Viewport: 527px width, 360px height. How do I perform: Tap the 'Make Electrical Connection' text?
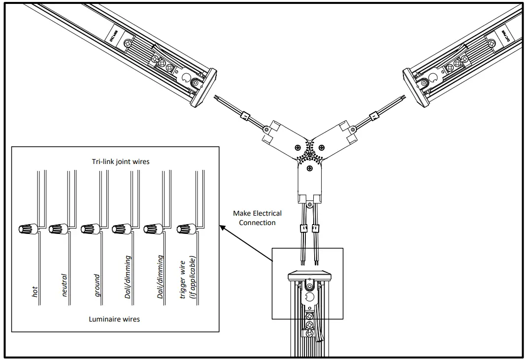pyautogui.click(x=258, y=218)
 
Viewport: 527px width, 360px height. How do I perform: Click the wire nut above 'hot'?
pyautogui.click(x=26, y=229)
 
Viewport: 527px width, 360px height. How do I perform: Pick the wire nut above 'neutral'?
pyautogui.click(x=57, y=229)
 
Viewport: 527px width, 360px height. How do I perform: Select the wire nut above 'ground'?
pyautogui.click(x=89, y=229)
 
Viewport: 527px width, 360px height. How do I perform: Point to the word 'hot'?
pyautogui.click(x=34, y=292)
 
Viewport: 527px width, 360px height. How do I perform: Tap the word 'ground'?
pyautogui.click(x=97, y=285)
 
